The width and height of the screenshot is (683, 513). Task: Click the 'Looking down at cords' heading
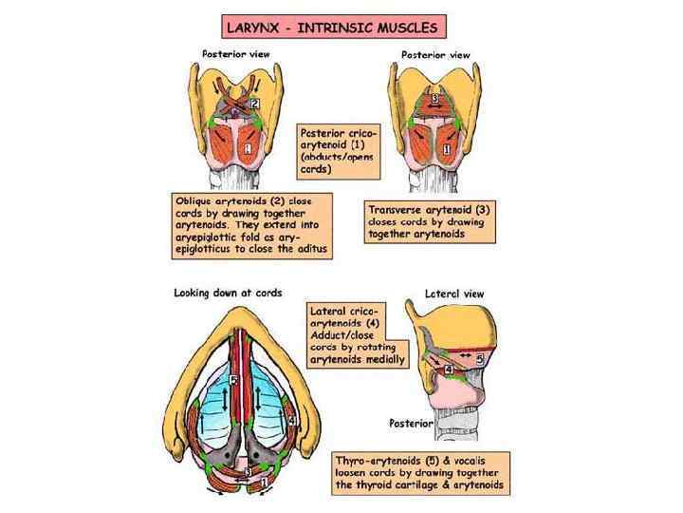point(228,292)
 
